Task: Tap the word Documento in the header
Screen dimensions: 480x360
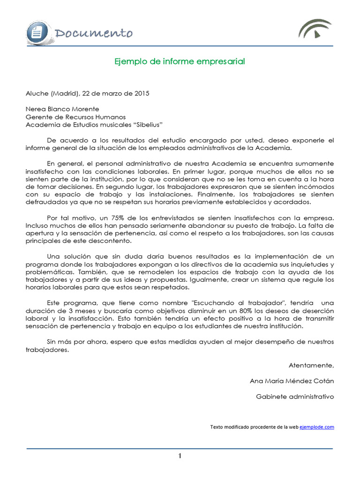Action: pos(93,33)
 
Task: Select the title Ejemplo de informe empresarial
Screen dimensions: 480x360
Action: pos(180,61)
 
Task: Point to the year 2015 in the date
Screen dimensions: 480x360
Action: pos(141,93)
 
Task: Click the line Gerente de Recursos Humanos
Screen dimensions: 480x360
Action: pos(75,117)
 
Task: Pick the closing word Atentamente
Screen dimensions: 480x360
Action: pos(311,365)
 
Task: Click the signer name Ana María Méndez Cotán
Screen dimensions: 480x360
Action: pos(292,381)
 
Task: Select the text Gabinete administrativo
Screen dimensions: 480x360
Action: pos(295,396)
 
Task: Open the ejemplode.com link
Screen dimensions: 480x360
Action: pos(317,427)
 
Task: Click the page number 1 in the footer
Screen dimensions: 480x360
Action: pos(180,457)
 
